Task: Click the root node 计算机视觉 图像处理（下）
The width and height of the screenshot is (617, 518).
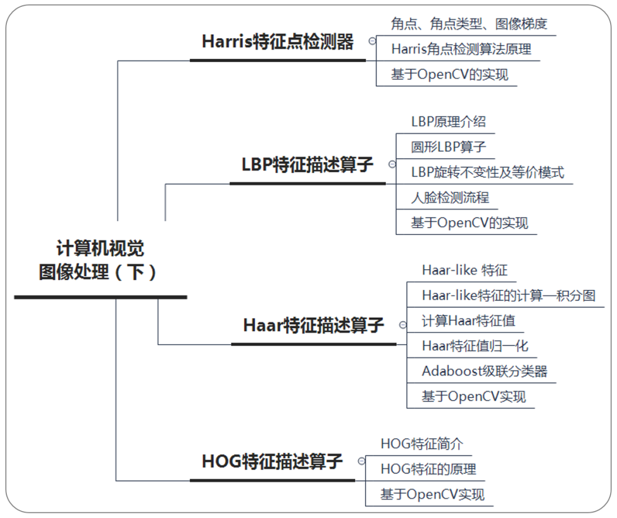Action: pyautogui.click(x=100, y=261)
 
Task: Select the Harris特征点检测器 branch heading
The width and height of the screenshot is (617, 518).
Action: pyautogui.click(x=278, y=42)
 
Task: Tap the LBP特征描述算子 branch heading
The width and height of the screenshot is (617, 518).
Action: pyautogui.click(x=307, y=165)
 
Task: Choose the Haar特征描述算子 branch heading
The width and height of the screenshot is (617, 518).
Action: pyautogui.click(x=314, y=326)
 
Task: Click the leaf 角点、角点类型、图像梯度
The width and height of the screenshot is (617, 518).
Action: pyautogui.click(x=469, y=24)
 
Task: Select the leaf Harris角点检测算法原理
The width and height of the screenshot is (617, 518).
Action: pyautogui.click(x=461, y=49)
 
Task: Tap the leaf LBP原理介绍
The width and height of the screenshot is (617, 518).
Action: pyautogui.click(x=448, y=122)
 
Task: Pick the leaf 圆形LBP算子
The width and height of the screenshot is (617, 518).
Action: pyautogui.click(x=448, y=147)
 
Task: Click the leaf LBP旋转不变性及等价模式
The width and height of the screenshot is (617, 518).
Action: pyautogui.click(x=487, y=172)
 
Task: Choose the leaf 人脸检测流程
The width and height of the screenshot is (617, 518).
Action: pyautogui.click(x=450, y=198)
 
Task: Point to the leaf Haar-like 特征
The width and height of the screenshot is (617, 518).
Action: pyautogui.click(x=464, y=270)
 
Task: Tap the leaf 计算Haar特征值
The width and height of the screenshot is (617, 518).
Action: pyautogui.click(x=468, y=321)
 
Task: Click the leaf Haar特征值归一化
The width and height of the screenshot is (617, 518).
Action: pyautogui.click(x=475, y=346)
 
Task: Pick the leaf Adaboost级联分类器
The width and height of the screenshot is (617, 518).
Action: pyautogui.click(x=484, y=371)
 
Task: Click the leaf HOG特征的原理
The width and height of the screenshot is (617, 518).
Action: pyautogui.click(x=428, y=469)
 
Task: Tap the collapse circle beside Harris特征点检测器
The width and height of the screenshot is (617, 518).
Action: pyautogui.click(x=372, y=41)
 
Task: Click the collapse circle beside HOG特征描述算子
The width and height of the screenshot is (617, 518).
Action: pyautogui.click(x=361, y=461)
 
